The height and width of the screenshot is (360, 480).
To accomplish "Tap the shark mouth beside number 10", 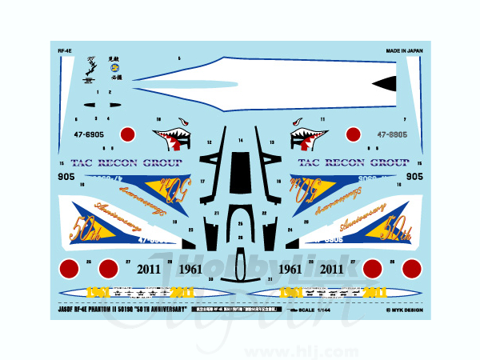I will [x=174, y=134].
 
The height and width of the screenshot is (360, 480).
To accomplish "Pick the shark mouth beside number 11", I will [x=307, y=134].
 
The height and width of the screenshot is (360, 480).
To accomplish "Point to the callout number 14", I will [x=240, y=140].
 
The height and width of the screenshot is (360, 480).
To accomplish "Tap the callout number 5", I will [x=179, y=58].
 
